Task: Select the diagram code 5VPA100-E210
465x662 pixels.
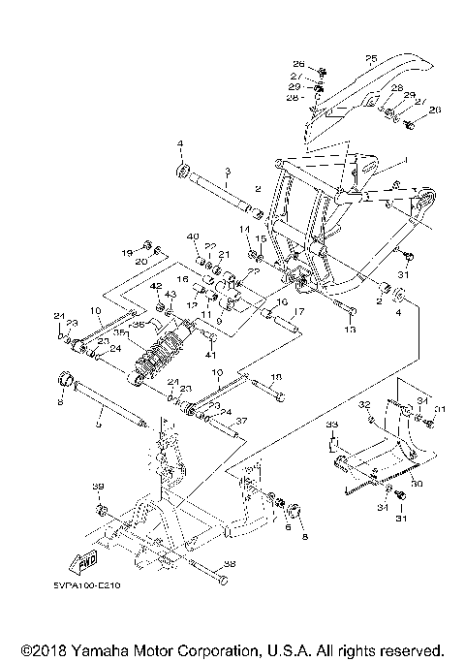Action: click(80, 584)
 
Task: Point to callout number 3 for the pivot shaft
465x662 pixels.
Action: click(226, 171)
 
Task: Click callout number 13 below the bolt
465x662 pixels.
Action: click(350, 331)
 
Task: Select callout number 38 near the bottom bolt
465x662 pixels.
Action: click(229, 561)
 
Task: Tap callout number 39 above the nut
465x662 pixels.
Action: click(97, 487)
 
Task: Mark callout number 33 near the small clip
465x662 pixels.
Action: click(330, 425)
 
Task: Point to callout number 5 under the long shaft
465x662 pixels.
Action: click(97, 424)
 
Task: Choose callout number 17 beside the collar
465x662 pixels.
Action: click(298, 312)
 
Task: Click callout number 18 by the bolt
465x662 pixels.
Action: click(276, 377)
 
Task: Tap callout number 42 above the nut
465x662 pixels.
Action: click(156, 286)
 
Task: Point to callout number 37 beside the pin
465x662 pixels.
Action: click(242, 421)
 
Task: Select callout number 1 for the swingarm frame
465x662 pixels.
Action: click(408, 158)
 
